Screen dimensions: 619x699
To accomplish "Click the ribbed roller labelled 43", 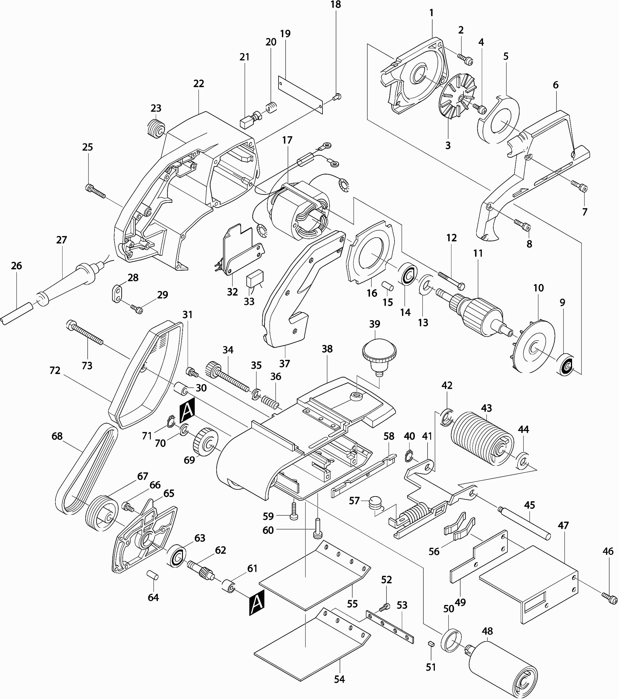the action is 482,438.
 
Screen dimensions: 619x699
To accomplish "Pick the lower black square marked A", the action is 257,603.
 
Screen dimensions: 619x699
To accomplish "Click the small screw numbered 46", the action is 610,598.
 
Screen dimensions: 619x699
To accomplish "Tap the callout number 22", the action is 199,83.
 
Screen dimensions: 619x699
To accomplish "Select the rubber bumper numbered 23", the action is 156,129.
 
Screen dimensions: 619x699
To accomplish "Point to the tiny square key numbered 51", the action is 431,643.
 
